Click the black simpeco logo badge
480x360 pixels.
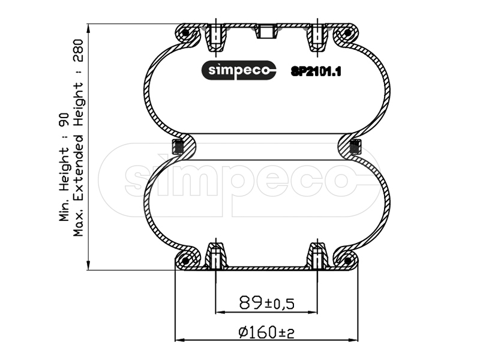239,70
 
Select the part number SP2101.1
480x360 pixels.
316,71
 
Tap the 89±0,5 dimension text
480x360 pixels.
266,303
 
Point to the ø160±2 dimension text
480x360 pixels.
266,332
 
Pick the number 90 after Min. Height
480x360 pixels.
64,119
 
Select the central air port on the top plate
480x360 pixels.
266,31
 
